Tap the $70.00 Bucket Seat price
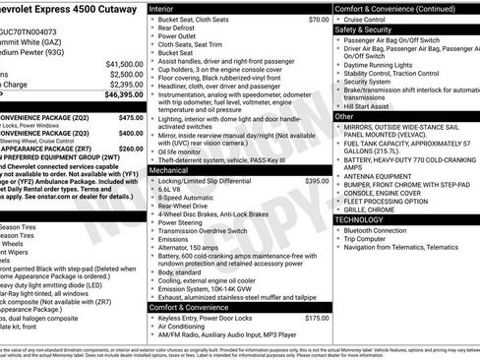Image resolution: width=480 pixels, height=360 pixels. click(318, 20)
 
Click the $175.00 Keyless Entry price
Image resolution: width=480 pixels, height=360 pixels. click(317, 318)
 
